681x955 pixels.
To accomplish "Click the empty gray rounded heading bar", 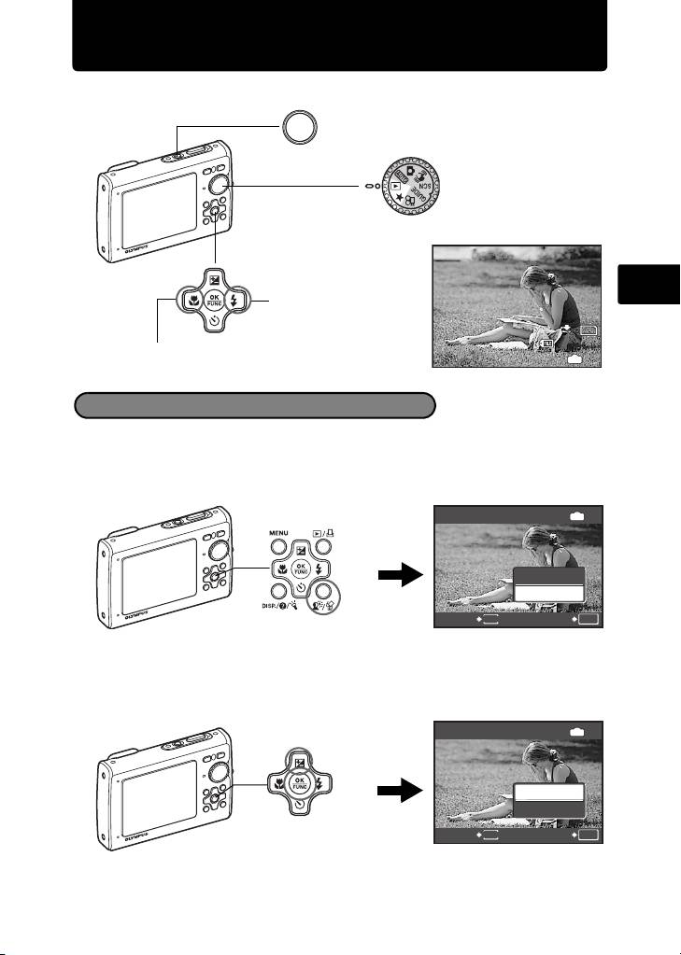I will click(x=255, y=405).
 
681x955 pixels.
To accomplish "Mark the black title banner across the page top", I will click(x=340, y=35).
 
